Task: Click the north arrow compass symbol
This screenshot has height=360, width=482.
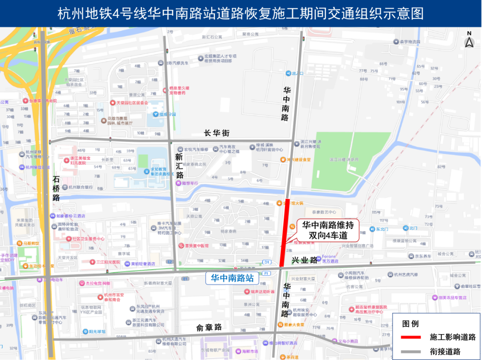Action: [x=469, y=41]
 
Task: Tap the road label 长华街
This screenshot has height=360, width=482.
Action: [x=216, y=133]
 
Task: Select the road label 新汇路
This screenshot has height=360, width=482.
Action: [x=179, y=166]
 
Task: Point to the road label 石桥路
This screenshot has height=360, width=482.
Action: [x=56, y=188]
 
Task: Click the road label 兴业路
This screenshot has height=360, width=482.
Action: [x=304, y=260]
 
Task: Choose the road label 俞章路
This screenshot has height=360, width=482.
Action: [x=209, y=327]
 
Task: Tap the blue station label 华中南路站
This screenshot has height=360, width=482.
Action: [x=232, y=278]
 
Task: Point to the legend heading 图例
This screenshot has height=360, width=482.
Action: [x=411, y=323]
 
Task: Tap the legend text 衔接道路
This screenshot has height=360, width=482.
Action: [x=453, y=352]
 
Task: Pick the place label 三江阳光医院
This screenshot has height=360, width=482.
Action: [x=105, y=262]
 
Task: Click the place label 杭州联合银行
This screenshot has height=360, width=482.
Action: [x=81, y=187]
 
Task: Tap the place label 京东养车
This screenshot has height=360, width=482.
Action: [x=423, y=256]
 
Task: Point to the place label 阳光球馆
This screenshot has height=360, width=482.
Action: [x=96, y=331]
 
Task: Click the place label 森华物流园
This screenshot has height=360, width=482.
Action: [x=410, y=42]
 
